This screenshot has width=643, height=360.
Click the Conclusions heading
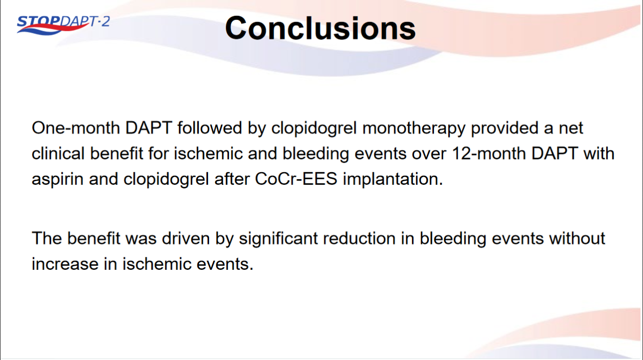point(320,28)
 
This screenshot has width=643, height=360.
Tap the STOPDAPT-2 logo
point(63,25)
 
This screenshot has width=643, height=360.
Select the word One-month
point(76,128)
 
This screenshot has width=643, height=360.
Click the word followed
point(210,128)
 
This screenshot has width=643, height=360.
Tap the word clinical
point(58,153)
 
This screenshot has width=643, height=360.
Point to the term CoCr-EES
point(296,179)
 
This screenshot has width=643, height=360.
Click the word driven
point(185,238)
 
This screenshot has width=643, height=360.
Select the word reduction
point(359,238)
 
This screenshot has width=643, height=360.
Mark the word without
point(577,238)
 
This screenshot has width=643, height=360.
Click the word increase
point(65,264)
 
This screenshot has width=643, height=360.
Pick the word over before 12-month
point(429,154)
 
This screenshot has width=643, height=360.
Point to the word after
point(232,179)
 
